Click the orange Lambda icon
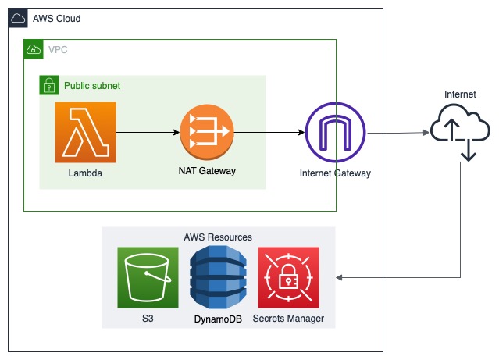(x=85, y=132)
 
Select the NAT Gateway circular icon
(x=206, y=132)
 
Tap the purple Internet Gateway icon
(x=335, y=132)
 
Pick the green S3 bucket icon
(x=148, y=277)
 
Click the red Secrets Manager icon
(x=288, y=277)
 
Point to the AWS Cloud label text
(x=56, y=18)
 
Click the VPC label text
(x=58, y=49)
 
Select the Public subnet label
(x=92, y=85)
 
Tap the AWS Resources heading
(x=218, y=237)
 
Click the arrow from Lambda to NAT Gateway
(x=148, y=132)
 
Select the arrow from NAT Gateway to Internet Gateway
(x=269, y=132)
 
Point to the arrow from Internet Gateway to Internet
(x=398, y=133)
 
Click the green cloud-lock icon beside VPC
(x=34, y=49)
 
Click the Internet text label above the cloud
(x=460, y=94)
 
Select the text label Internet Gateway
(x=335, y=173)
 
